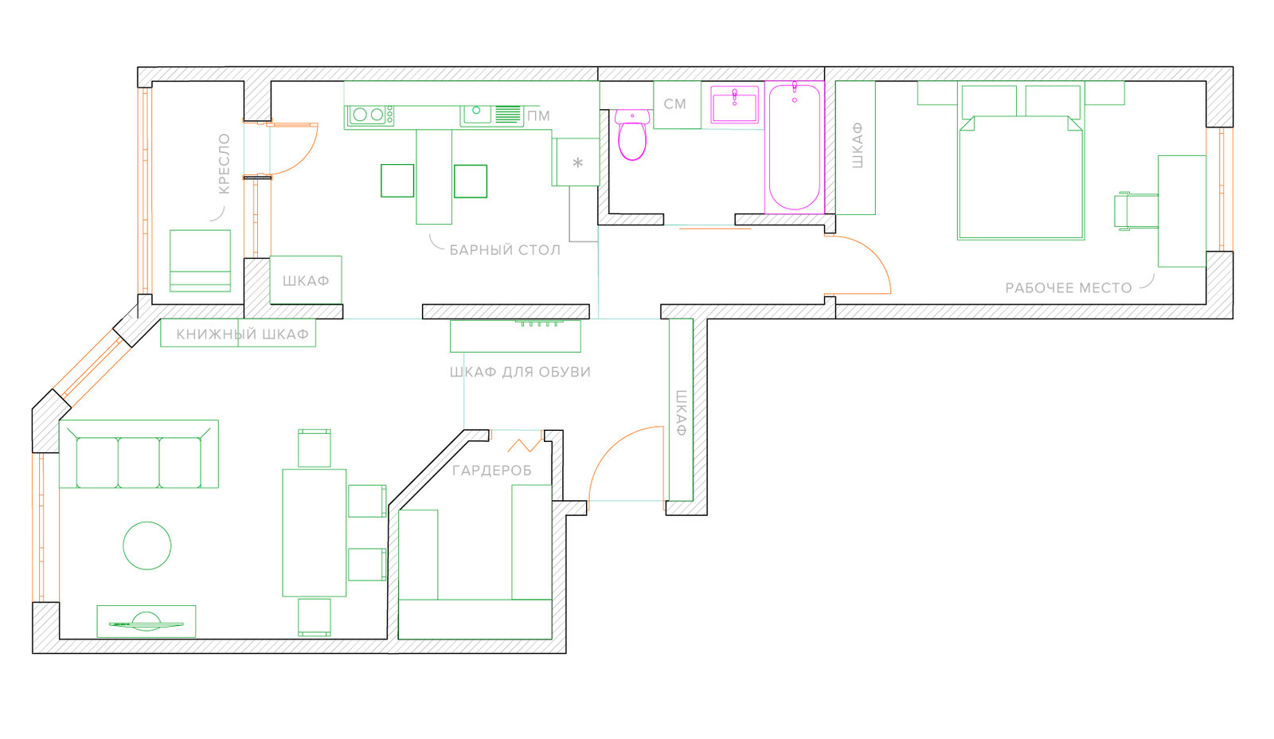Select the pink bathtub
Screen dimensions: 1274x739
pos(795,147)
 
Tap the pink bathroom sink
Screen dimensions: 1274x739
pos(734,104)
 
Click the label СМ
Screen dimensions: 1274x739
pos(675,104)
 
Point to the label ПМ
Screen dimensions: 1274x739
pos(538,116)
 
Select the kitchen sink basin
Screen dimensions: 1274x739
pos(477,113)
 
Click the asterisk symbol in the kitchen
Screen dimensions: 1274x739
pos(578,164)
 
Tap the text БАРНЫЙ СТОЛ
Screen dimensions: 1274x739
pos(505,250)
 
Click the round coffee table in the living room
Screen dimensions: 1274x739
pos(147,545)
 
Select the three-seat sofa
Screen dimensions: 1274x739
pos(139,454)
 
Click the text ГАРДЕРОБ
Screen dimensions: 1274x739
pos(492,471)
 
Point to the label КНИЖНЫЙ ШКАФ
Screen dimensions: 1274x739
pos(242,334)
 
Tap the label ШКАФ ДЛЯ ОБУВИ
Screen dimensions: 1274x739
pos(520,372)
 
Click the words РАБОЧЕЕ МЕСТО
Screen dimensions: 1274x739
pos(1069,287)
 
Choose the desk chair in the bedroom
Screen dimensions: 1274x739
pos(1135,211)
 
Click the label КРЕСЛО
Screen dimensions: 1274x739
pos(224,164)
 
